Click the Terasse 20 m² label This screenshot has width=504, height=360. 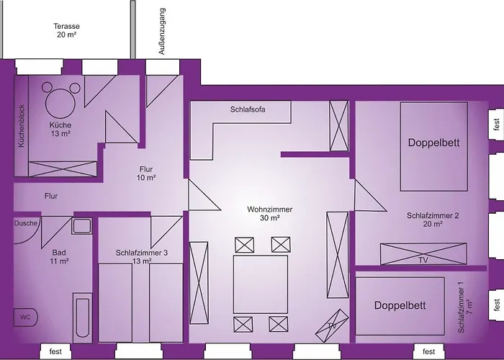(x=66, y=30)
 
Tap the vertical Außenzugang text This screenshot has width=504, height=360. (x=162, y=31)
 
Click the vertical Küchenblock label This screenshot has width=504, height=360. (x=21, y=126)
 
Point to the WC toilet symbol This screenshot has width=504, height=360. (x=25, y=318)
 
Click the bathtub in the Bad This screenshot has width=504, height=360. (x=83, y=318)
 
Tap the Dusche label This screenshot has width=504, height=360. (x=26, y=223)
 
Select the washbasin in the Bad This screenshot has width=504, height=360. (x=81, y=225)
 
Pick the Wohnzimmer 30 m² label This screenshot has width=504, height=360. (x=270, y=213)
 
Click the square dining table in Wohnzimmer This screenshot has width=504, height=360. (x=261, y=284)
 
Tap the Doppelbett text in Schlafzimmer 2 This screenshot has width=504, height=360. (x=434, y=143)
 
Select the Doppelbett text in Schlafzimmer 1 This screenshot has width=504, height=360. (x=400, y=305)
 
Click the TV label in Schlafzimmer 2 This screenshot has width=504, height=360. (x=423, y=260)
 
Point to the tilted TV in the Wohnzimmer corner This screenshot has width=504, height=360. (x=332, y=326)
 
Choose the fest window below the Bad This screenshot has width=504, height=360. (x=55, y=351)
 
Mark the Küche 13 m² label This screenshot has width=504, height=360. (x=60, y=129)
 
